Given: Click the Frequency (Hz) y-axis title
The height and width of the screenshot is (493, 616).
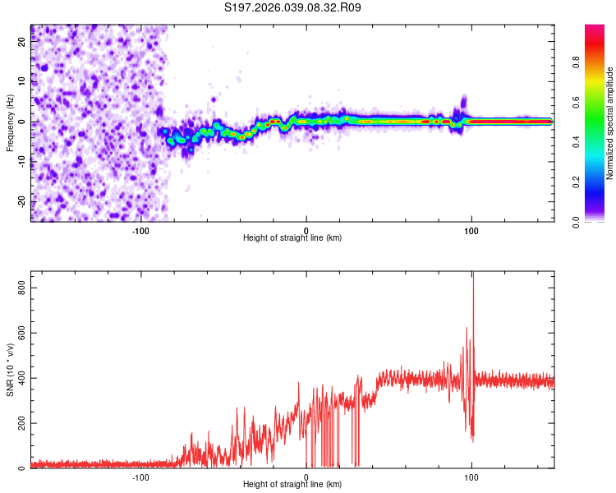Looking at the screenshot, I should pos(10,122).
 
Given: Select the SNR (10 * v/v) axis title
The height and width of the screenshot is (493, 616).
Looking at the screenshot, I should pos(10,369).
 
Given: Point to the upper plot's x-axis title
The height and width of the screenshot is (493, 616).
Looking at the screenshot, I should pos(292,237).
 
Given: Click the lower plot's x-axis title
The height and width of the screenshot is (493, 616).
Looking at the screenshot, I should pos(292,484).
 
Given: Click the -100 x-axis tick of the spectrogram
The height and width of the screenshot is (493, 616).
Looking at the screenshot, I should pos(140,230).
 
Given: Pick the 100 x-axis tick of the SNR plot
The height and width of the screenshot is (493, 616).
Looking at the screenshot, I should pos(471,477).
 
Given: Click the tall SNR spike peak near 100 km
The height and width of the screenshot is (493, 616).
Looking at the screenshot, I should pos(472,274).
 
